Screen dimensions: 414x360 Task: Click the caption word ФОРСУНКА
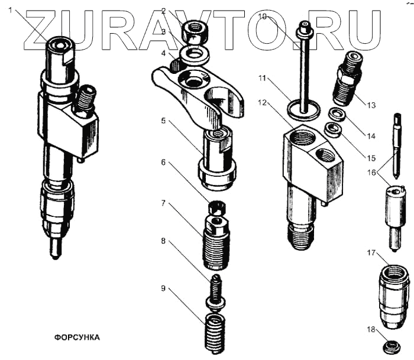77,338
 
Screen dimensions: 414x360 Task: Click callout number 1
11,11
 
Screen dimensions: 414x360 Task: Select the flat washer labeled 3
194,56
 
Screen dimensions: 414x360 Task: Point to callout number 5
163,121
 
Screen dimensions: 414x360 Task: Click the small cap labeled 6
217,207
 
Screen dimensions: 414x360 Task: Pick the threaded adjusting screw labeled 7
216,242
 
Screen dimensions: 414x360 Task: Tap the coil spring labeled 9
215,333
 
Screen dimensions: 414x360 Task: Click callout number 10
263,17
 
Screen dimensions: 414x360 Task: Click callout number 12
263,102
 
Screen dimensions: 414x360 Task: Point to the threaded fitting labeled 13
348,78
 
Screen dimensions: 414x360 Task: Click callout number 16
371,173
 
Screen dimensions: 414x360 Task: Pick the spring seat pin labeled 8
216,291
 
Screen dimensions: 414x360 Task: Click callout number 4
163,54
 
